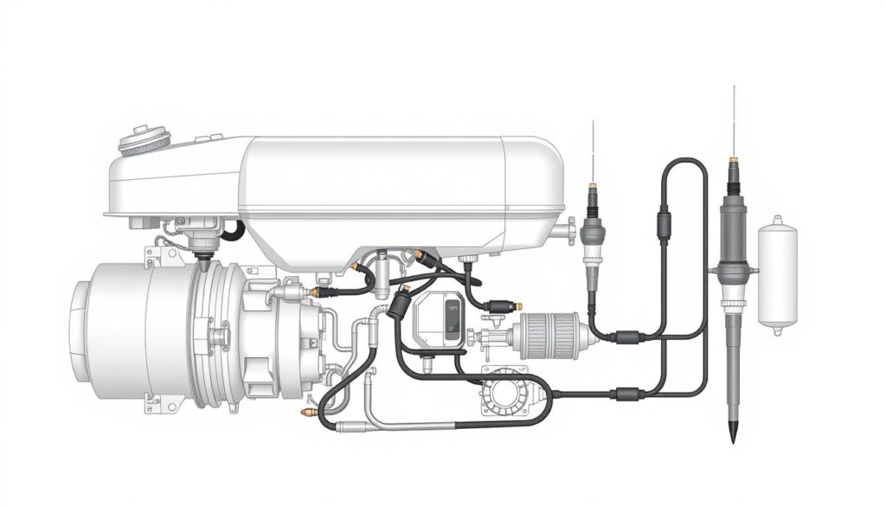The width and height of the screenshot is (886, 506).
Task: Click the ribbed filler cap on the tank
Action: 141,141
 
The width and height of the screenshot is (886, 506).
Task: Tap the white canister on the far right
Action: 776,275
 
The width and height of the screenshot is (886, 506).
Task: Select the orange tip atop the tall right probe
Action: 733,161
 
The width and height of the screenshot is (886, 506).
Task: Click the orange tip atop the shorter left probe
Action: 593,185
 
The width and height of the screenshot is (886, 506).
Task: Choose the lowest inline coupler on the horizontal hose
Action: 624,394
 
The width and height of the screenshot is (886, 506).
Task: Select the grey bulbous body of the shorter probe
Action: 593,232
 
